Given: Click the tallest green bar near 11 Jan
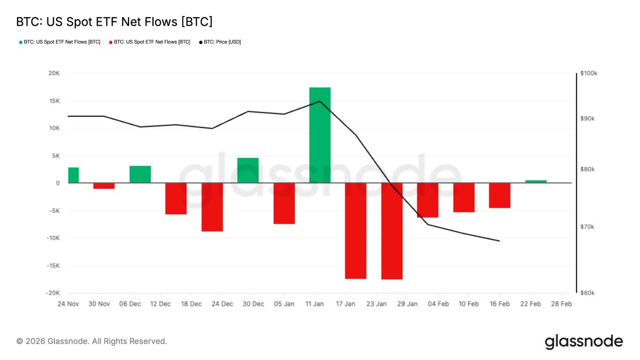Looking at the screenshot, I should coord(320,135).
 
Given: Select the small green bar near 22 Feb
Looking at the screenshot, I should coord(536,181).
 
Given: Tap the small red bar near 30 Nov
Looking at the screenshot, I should coord(104,186).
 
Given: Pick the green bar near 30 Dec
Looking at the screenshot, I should coord(248,170).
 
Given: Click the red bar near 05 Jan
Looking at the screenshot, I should coord(284,203).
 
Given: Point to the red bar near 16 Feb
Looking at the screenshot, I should coord(500,195).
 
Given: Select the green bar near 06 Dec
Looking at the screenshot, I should coord(140,174).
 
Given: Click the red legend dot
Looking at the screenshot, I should coord(110,42).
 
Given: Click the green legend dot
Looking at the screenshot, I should coord(20,42).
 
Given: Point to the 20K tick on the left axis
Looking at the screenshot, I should coord(54,73).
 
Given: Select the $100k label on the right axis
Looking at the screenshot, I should coord(588,73).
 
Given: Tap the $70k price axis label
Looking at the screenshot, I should coord(587,227).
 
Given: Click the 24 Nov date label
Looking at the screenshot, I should coord(68,304).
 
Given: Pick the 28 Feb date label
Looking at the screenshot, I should coord(561,304).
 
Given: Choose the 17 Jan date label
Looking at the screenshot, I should coord(346,304).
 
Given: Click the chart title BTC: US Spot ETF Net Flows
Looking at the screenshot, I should coord(115,22).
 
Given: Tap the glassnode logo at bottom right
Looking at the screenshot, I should coord(583,341).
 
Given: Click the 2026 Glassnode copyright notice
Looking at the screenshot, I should coord(92,341).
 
